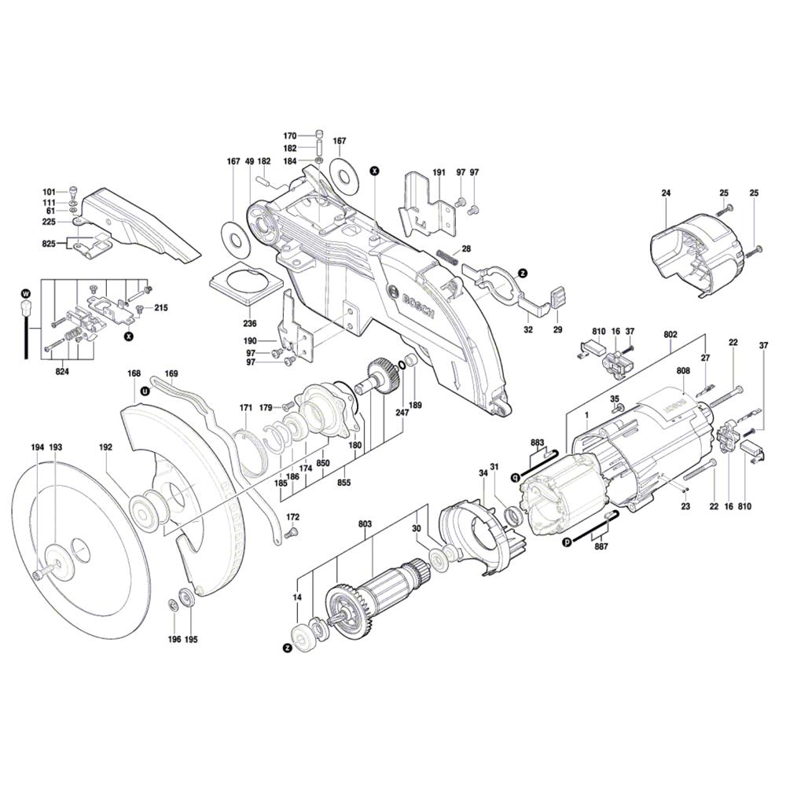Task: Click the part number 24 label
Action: [666, 193]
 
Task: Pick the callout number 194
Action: [38, 447]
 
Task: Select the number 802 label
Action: [670, 334]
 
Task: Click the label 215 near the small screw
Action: [160, 307]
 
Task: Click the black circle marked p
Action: [566, 542]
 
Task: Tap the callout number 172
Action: [292, 517]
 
